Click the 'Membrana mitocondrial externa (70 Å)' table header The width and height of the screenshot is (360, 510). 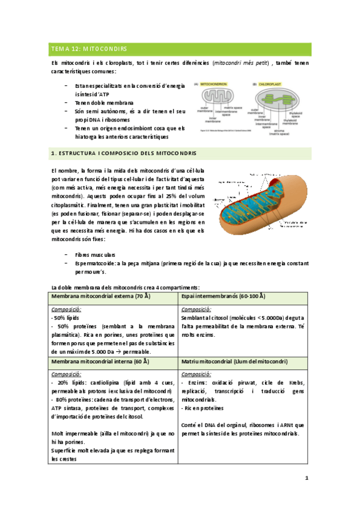pyautogui.click(x=101, y=297)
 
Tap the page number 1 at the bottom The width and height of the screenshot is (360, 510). pyautogui.click(x=306, y=478)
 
